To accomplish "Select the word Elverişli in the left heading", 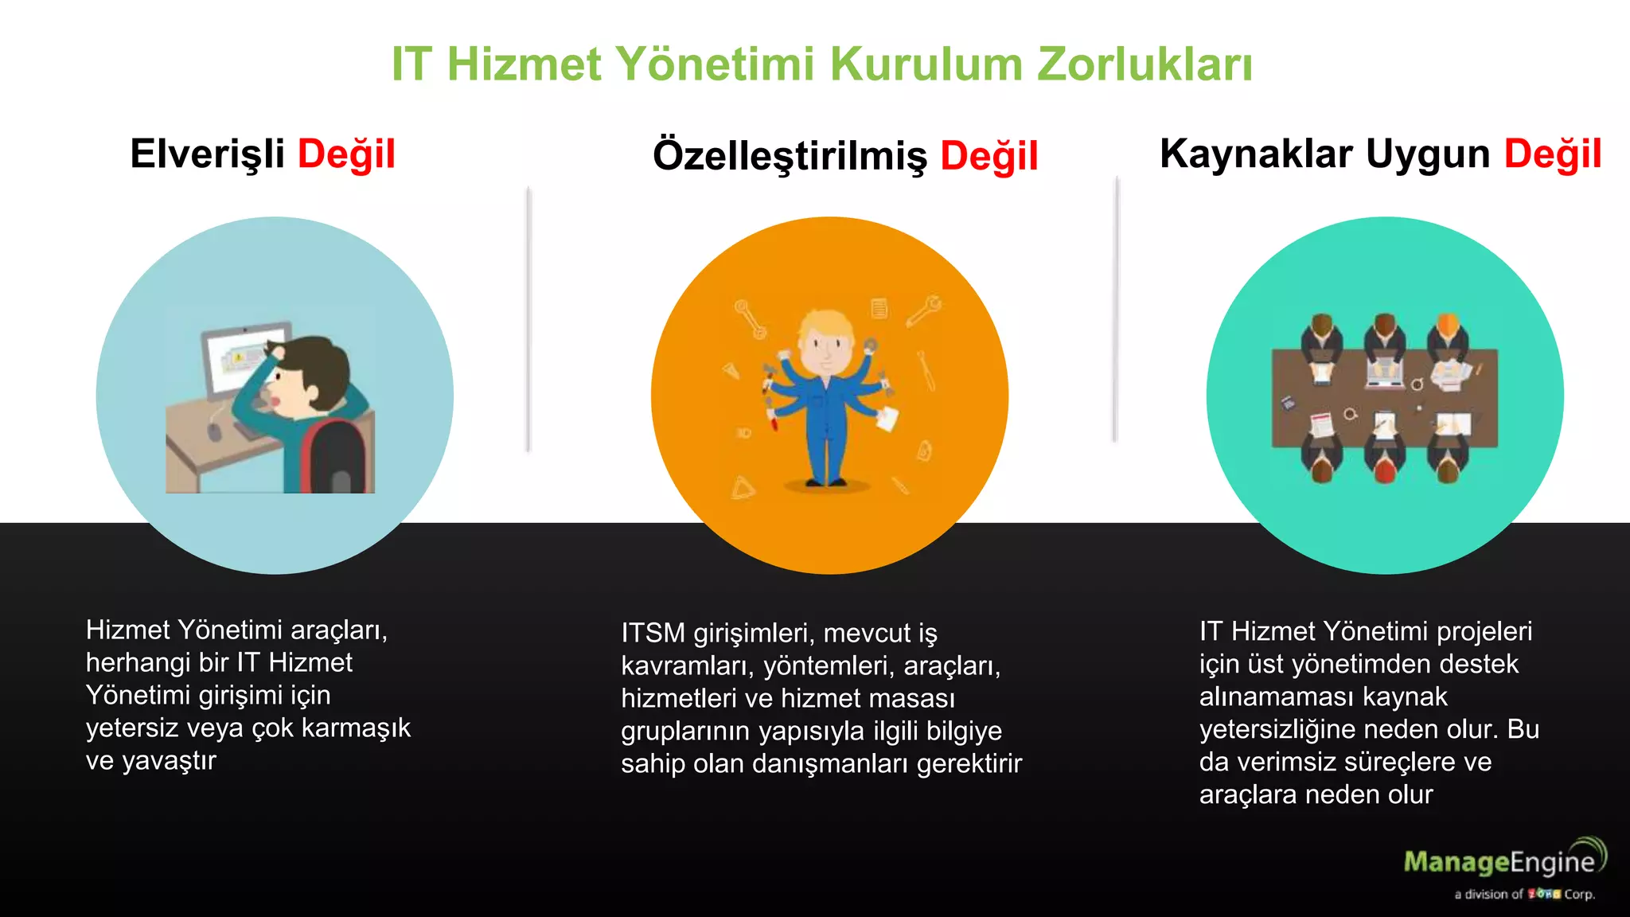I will point(207,154).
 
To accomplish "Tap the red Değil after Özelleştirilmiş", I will point(989,155).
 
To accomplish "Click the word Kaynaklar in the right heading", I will point(1256,154).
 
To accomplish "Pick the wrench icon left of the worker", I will point(750,319).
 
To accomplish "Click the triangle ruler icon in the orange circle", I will point(742,487).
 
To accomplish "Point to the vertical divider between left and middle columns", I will point(528,318).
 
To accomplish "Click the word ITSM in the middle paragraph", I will point(653,634).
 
